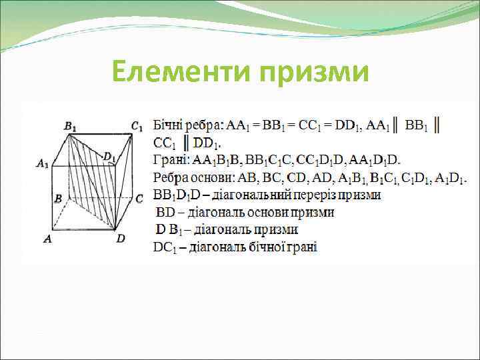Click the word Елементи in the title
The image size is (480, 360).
click(x=175, y=71)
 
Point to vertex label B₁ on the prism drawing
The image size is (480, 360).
click(x=69, y=125)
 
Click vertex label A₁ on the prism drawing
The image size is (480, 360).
click(x=43, y=163)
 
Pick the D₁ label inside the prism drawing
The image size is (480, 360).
click(x=109, y=157)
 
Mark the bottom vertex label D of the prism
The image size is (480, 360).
click(x=121, y=238)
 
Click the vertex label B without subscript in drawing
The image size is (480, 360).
click(x=58, y=199)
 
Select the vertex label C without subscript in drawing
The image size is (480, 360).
click(x=139, y=199)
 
